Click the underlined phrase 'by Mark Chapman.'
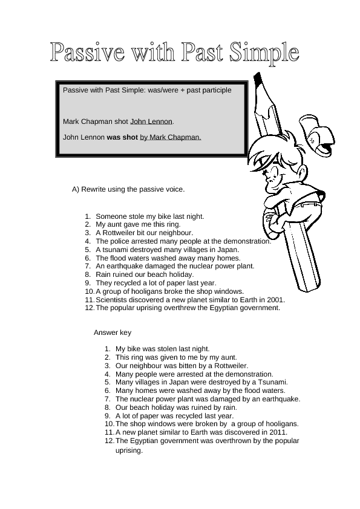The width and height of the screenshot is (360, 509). click(171, 137)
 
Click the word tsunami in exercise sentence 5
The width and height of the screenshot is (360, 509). click(115, 249)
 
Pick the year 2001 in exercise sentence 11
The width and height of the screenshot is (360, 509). click(275, 299)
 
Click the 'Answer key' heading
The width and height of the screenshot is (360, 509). click(113, 332)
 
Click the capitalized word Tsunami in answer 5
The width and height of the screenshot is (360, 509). click(273, 382)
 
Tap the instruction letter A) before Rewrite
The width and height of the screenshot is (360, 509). click(76, 189)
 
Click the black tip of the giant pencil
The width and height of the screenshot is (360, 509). click(258, 79)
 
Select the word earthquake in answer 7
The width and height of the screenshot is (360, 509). click(281, 399)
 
